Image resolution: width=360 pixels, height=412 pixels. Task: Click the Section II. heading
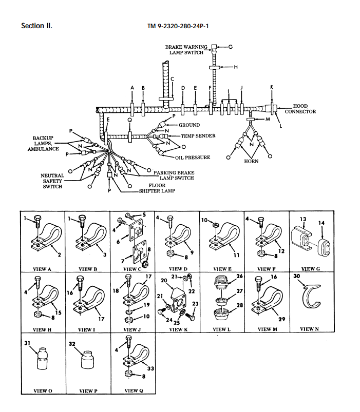click(x=36, y=26)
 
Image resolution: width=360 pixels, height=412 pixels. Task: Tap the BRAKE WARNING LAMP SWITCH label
click(x=186, y=50)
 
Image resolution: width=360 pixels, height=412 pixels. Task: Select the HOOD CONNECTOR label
click(x=300, y=109)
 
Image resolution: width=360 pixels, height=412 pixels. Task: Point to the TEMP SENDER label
click(x=198, y=136)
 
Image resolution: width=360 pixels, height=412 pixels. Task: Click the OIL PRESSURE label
click(x=193, y=158)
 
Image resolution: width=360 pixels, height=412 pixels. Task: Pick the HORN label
click(x=251, y=161)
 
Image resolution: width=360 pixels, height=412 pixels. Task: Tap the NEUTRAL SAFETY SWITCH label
click(x=52, y=181)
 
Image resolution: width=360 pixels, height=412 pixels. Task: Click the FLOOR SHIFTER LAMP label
click(x=157, y=188)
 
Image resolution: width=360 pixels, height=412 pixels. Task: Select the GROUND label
click(x=189, y=125)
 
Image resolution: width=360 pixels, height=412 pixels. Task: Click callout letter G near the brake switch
click(x=230, y=47)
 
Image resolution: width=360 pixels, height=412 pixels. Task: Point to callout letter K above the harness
click(x=272, y=88)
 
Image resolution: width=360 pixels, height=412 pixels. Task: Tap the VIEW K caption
click(x=178, y=329)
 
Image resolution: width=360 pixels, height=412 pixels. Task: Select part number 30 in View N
click(x=296, y=276)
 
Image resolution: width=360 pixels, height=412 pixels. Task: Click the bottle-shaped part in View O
click(x=41, y=360)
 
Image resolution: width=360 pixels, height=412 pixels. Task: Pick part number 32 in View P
click(x=72, y=344)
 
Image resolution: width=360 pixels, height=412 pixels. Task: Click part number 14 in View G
click(x=321, y=223)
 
